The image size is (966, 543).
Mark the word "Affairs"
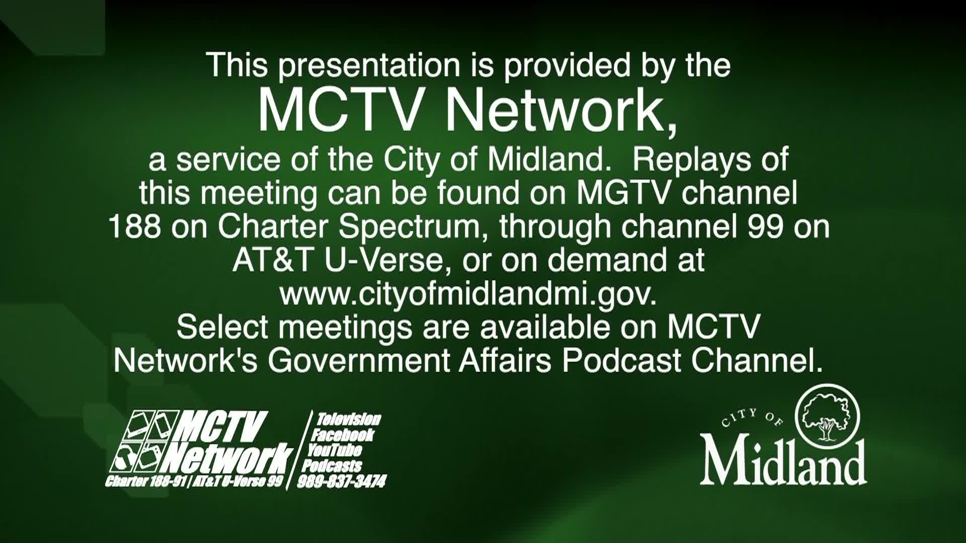click(x=505, y=360)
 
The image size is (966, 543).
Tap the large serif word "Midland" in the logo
click(x=783, y=462)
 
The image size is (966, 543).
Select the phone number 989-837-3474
click(x=342, y=482)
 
